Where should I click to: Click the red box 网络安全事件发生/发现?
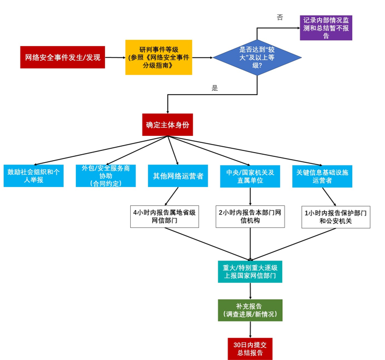coord(62,57)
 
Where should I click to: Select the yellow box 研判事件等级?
coord(159,57)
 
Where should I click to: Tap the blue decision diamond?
coord(257,57)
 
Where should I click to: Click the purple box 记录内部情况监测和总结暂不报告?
coord(326,27)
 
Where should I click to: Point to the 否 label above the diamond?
coord(280,17)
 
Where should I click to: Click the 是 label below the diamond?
coord(215,88)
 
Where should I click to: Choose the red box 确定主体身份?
coord(167,125)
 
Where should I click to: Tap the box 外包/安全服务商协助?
coord(105,176)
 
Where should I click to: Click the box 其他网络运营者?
coord(178,176)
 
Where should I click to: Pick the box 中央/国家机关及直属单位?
coord(249,176)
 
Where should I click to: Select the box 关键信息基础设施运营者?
coord(322,176)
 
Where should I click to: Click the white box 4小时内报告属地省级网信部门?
coord(165,217)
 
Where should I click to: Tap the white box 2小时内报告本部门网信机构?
coord(250,217)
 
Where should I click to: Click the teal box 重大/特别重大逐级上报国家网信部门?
coord(250,271)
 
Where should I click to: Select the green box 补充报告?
coord(250,310)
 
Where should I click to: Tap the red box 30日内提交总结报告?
coord(250,349)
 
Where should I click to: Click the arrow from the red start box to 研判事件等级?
coord(115,57)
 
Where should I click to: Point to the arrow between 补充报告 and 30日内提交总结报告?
coord(250,329)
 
